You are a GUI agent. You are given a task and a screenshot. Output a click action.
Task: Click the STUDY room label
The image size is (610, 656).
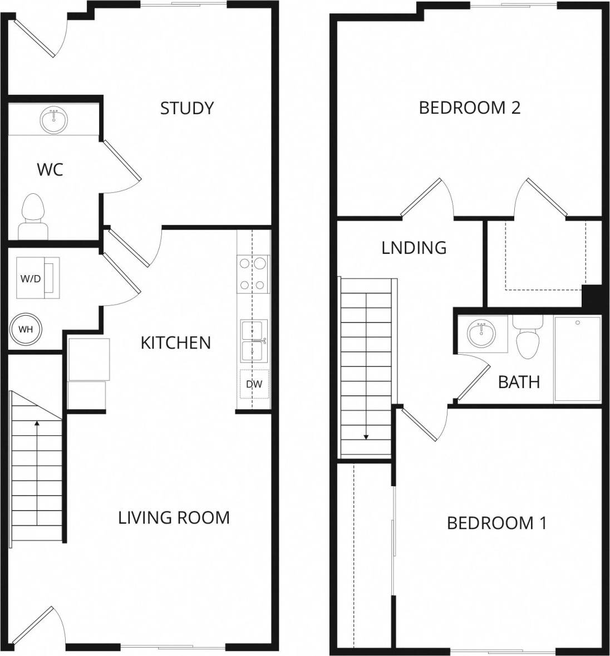186,108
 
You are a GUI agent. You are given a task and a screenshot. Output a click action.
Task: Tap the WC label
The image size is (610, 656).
50,169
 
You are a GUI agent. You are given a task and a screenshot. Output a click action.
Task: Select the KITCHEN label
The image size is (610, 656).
175,342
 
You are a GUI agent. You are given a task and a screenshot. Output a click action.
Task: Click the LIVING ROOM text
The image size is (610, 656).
174,517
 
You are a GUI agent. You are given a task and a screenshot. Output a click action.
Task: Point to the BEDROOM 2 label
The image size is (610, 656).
469,107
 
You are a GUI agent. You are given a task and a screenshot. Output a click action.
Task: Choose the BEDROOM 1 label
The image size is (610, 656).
496,523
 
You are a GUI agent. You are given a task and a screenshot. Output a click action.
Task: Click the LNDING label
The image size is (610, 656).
414,247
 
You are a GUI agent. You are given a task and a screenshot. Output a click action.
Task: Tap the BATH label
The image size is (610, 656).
519,382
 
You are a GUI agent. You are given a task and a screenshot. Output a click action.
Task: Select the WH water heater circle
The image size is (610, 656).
26,329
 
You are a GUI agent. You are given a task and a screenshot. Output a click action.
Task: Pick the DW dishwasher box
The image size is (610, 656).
254,384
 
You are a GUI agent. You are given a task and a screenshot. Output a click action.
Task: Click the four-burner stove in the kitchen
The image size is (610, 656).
253,274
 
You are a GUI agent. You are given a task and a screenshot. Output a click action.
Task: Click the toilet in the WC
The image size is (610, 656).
32,217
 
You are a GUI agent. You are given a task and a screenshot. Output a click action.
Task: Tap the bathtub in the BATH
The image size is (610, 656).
577,359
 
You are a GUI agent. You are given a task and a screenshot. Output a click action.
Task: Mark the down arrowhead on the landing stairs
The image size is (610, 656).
366,437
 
